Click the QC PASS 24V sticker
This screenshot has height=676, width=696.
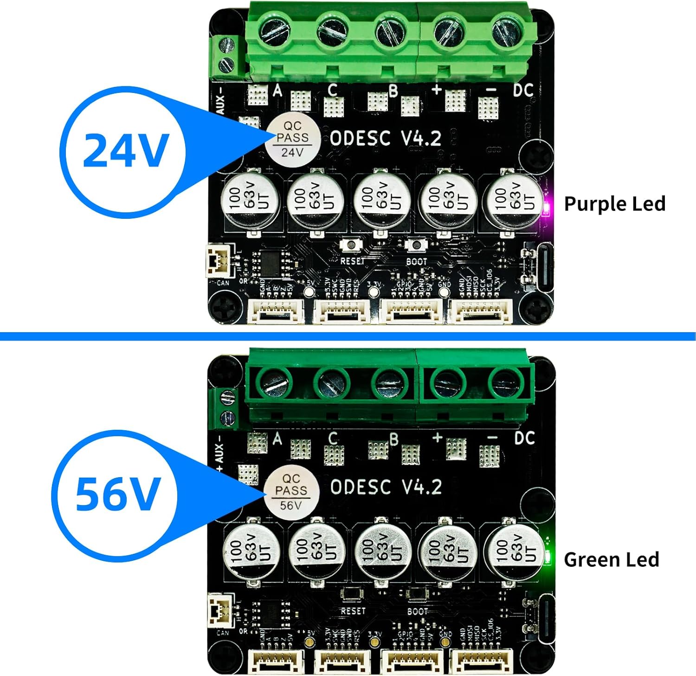pyautogui.click(x=292, y=138)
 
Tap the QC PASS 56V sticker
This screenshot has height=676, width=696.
pyautogui.click(x=291, y=492)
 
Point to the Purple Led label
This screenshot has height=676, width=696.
pyautogui.click(x=614, y=204)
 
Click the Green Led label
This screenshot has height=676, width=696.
pyautogui.click(x=611, y=559)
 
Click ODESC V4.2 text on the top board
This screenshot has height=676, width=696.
pyautogui.click(x=385, y=138)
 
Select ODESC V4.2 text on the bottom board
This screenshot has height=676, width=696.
pyautogui.click(x=386, y=487)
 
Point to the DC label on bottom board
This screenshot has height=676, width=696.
pyautogui.click(x=524, y=438)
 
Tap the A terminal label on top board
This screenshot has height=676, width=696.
pyautogui.click(x=277, y=89)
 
